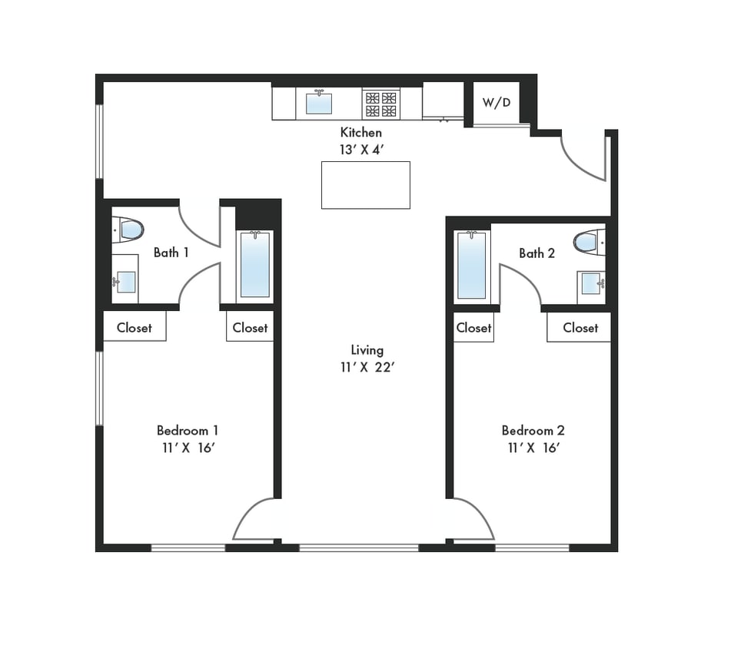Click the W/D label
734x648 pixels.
click(x=496, y=103)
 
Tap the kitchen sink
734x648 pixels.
click(x=318, y=103)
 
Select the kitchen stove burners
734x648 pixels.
click(x=381, y=104)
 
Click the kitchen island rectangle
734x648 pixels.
click(x=365, y=185)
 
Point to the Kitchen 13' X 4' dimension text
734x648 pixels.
click(x=360, y=150)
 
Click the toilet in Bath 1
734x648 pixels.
click(x=130, y=230)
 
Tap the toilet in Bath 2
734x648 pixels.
click(x=588, y=242)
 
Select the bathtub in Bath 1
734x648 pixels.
click(x=255, y=264)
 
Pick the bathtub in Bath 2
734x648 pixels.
click(x=471, y=265)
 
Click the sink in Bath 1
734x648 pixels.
click(x=125, y=282)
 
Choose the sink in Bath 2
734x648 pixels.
click(x=591, y=283)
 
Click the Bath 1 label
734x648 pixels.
click(x=171, y=253)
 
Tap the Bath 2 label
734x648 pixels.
click(x=536, y=253)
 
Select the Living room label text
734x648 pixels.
click(x=367, y=350)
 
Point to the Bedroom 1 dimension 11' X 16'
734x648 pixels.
click(x=188, y=448)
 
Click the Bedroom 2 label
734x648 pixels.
click(x=533, y=431)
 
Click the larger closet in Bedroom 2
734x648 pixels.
click(x=580, y=328)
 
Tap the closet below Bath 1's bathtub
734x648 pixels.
click(x=250, y=328)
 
